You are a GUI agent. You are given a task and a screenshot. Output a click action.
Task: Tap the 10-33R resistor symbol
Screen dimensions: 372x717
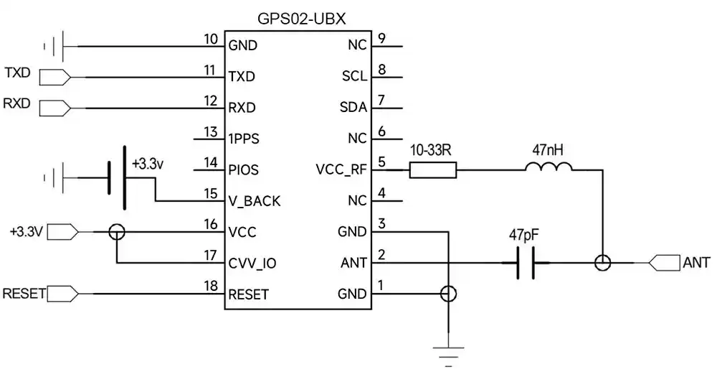(432, 170)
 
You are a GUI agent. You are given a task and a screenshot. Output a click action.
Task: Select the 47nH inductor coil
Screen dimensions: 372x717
(549, 167)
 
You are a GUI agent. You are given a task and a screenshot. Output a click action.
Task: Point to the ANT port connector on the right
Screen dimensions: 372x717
(664, 264)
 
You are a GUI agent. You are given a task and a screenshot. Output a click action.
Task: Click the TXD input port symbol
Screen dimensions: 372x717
(54, 76)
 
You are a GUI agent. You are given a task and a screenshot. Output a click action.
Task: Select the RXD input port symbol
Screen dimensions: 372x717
(54, 108)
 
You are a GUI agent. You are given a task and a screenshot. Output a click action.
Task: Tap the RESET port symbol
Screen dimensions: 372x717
(62, 294)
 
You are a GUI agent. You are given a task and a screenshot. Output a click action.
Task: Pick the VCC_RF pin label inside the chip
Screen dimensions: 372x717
(341, 170)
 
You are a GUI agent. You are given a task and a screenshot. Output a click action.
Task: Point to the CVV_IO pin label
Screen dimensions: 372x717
(252, 264)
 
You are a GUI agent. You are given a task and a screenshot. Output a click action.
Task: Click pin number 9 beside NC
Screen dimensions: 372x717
(382, 39)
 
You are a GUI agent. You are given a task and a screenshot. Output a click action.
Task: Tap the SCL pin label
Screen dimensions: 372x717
(353, 76)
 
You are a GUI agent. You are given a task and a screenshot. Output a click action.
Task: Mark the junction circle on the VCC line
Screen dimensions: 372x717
(116, 232)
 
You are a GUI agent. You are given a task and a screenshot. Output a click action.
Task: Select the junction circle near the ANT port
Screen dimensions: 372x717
(603, 264)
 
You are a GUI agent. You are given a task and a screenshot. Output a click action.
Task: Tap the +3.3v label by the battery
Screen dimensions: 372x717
(148, 164)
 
